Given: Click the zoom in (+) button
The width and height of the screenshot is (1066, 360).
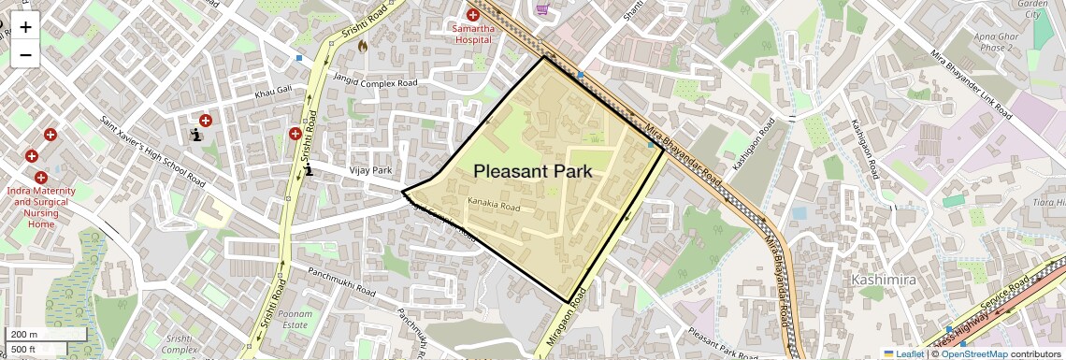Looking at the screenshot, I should (x=25, y=26).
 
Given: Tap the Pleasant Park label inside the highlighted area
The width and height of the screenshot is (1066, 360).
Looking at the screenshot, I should (x=533, y=171).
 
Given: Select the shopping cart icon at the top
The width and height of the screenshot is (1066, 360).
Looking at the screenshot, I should (x=542, y=9).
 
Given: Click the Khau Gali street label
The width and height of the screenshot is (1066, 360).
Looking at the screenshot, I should (x=273, y=94).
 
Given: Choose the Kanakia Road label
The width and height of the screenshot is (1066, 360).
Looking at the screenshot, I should (x=493, y=206).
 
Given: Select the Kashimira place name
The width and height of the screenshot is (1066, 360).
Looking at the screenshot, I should (x=882, y=280).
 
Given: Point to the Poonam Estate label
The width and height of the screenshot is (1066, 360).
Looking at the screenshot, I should (x=294, y=320).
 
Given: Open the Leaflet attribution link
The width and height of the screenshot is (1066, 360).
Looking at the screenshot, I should (x=903, y=353).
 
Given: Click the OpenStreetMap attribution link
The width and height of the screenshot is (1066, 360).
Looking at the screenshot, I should (x=973, y=353).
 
